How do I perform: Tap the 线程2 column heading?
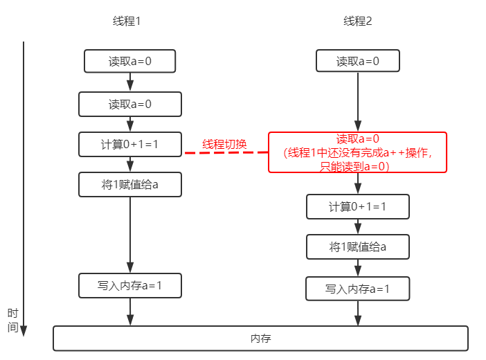point(358,21)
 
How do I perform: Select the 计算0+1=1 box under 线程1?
point(130,144)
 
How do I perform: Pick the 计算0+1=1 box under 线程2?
point(358,206)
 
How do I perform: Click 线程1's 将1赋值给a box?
point(130,184)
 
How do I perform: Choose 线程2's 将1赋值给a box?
point(358,246)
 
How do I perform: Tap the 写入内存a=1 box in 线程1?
point(130,285)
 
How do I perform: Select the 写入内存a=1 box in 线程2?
point(358,289)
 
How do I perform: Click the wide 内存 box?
point(260,339)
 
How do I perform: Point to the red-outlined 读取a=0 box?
point(358,152)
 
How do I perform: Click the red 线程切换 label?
point(225,144)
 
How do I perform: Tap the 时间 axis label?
point(12,320)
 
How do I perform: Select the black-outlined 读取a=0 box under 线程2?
point(358,61)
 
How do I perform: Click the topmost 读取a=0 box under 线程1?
point(130,61)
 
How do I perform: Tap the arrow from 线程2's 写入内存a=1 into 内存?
point(358,313)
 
